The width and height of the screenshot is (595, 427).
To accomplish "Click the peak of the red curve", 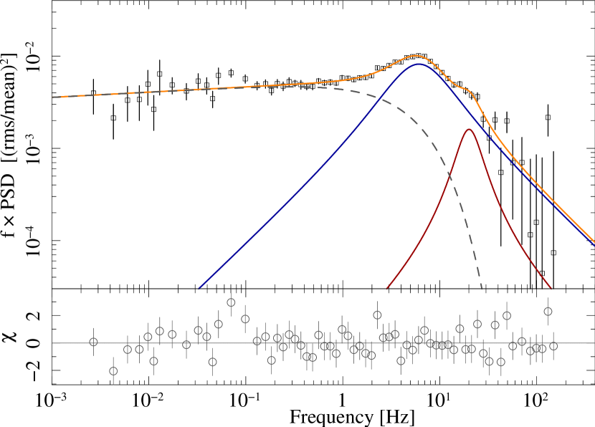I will click(x=470, y=129).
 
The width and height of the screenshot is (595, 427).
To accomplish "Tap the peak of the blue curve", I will click(x=419, y=64).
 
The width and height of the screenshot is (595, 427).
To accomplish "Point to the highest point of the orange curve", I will click(x=416, y=55).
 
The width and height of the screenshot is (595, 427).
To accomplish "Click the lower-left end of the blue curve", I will click(x=199, y=289).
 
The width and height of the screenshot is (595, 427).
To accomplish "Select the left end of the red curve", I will click(x=387, y=288).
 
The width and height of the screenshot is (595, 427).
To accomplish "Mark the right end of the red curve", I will click(x=551, y=288).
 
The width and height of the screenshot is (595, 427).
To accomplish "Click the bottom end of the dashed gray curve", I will click(x=482, y=289).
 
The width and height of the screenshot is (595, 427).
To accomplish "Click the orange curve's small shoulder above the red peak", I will click(x=467, y=90).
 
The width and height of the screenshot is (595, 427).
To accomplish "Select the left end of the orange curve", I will click(x=52, y=97).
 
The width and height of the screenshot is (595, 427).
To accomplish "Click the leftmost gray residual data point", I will click(x=93, y=342).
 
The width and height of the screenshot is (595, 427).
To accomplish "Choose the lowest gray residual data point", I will click(x=113, y=371).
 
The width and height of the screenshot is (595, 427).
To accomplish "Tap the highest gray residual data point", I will click(x=231, y=302).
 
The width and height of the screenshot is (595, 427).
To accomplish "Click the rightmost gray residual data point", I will click(x=553, y=346).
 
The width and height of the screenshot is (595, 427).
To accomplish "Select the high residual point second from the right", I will click(x=548, y=312).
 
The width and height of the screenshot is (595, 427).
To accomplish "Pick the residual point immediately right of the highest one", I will click(x=245, y=319).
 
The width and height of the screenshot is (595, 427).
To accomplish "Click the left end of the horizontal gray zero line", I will click(x=52, y=343).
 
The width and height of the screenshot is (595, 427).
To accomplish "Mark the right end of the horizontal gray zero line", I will click(x=594, y=343).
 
